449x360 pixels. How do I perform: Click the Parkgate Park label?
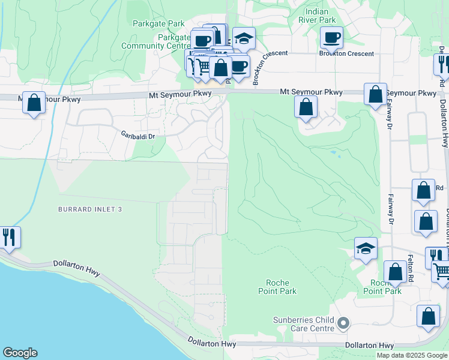tap(159, 24)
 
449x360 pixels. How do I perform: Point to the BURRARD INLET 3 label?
tap(90, 209)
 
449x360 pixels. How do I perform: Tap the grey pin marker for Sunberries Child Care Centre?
tap(343, 324)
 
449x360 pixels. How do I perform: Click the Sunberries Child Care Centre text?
tap(304, 324)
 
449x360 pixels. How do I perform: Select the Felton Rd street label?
tap(411, 268)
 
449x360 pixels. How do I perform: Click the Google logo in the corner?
tap(20, 353)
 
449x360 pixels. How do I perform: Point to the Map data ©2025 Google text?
tap(412, 355)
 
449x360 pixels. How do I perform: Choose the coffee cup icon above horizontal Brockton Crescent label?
tap(331, 37)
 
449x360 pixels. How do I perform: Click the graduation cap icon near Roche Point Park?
tap(366, 248)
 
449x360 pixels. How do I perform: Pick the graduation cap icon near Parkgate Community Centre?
tap(243, 38)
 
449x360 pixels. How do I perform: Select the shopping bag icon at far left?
tap(34, 102)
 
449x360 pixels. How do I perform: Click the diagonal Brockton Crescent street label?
tap(264, 70)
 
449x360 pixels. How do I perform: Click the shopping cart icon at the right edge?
tap(442, 271)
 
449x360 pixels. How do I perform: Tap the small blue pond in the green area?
tap(333, 154)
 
